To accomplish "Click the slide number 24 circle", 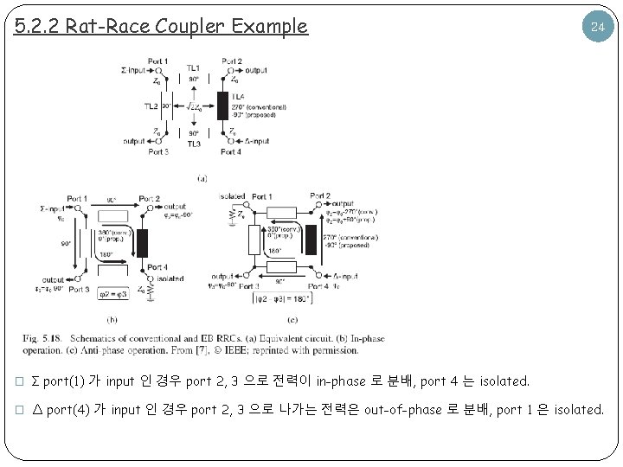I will click(595, 27).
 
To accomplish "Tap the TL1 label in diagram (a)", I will click(194, 67).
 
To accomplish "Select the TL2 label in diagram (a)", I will click(151, 106).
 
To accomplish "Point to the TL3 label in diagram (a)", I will click(194, 144).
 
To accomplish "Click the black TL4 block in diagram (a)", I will click(223, 105).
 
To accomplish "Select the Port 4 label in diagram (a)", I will click(231, 152).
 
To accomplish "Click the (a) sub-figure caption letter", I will click(202, 178).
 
